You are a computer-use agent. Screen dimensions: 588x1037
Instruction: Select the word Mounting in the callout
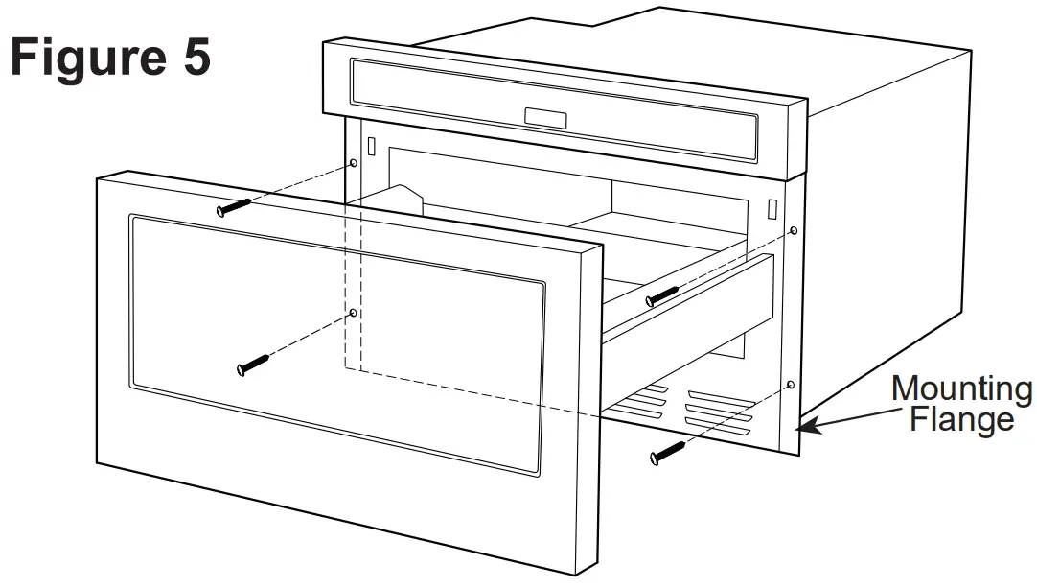pyautogui.click(x=961, y=389)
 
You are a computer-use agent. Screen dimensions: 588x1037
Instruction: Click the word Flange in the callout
pyautogui.click(x=961, y=419)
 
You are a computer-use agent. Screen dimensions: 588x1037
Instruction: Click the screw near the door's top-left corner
pyautogui.click(x=233, y=205)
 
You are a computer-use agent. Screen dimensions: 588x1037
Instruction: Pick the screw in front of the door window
pyautogui.click(x=252, y=365)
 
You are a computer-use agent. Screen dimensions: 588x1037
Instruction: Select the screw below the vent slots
pyautogui.click(x=668, y=452)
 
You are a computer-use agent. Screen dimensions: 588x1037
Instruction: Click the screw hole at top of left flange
pyautogui.click(x=354, y=164)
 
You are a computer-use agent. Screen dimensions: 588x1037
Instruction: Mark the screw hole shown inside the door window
pyautogui.click(x=354, y=313)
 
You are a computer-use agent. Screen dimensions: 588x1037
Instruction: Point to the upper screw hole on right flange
pyautogui.click(x=793, y=231)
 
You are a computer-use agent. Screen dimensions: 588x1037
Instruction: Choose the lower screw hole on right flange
pyautogui.click(x=791, y=385)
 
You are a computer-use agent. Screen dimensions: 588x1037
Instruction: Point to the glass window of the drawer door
pyautogui.click(x=335, y=345)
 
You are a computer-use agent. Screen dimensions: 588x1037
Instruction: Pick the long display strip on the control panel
pyautogui.click(x=556, y=106)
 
